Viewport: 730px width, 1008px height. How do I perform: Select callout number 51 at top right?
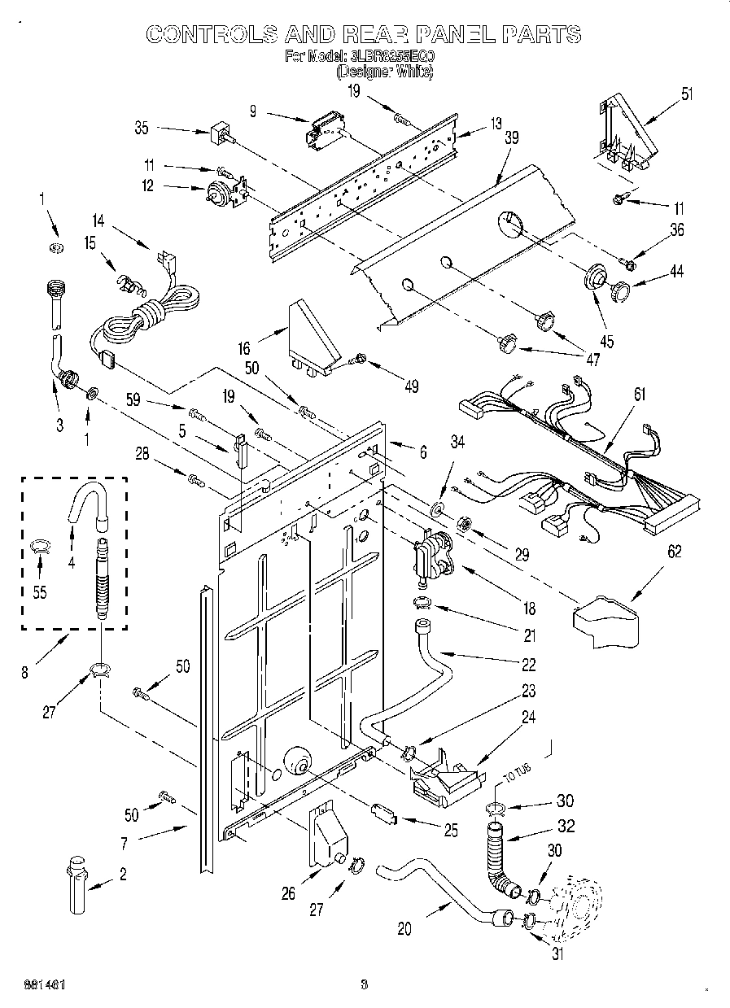point(688,94)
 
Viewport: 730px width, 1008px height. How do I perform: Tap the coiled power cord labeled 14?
point(155,313)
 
